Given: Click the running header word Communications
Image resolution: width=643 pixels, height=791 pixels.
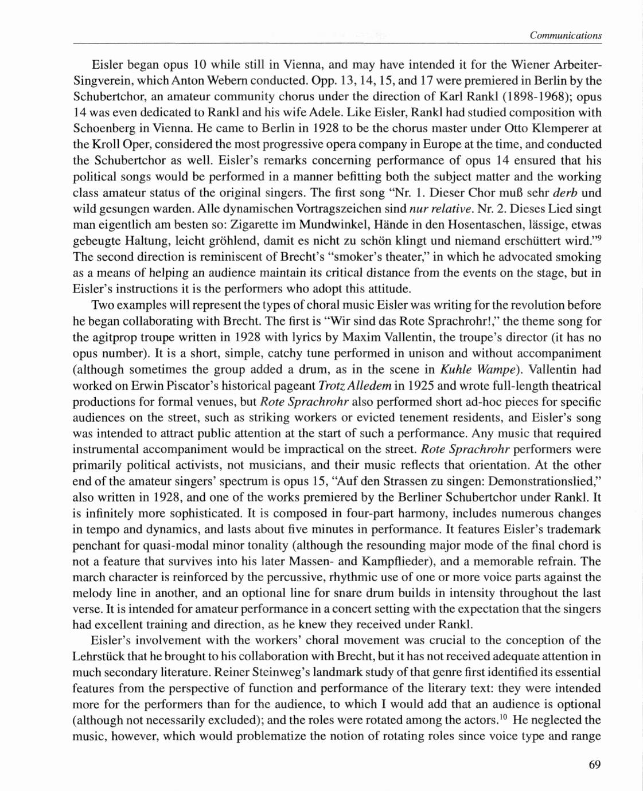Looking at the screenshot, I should pos(566,36).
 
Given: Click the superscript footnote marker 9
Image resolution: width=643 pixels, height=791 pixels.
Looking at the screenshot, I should pos(598,236).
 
